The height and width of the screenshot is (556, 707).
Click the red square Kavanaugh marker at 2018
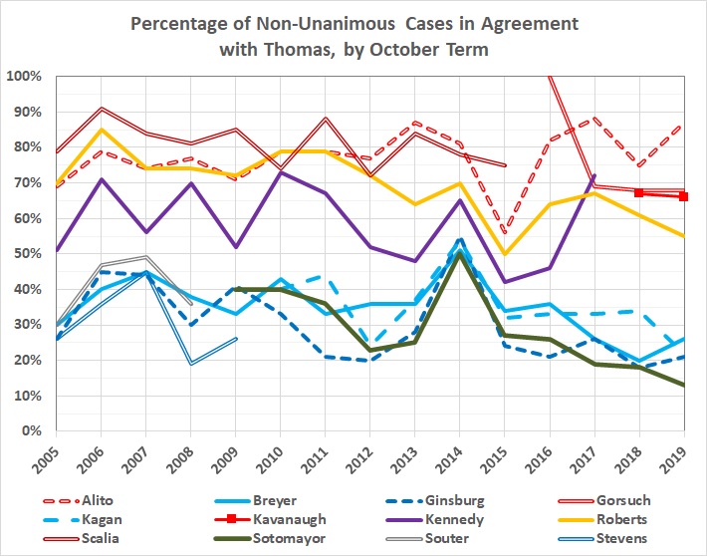[640, 193]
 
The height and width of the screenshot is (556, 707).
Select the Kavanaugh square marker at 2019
[684, 196]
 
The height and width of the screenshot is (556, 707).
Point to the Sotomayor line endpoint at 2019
[684, 386]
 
